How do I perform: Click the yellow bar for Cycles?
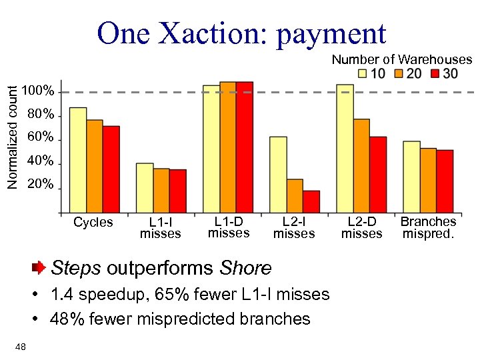pyautogui.click(x=78, y=160)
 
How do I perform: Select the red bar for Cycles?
pyautogui.click(x=111, y=169)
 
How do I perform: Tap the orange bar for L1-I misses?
pyautogui.click(x=161, y=191)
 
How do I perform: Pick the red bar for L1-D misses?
pyautogui.click(x=245, y=147)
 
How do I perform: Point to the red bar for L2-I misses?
pyautogui.click(x=311, y=201)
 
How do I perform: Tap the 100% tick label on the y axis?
pyautogui.click(x=38, y=91)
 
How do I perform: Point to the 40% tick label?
pyautogui.click(x=41, y=161)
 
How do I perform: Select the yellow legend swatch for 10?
pyautogui.click(x=363, y=73)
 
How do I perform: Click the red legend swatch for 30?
pyautogui.click(x=435, y=73)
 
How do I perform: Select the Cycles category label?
pyautogui.click(x=93, y=222)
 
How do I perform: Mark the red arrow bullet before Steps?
pyautogui.click(x=39, y=268)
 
